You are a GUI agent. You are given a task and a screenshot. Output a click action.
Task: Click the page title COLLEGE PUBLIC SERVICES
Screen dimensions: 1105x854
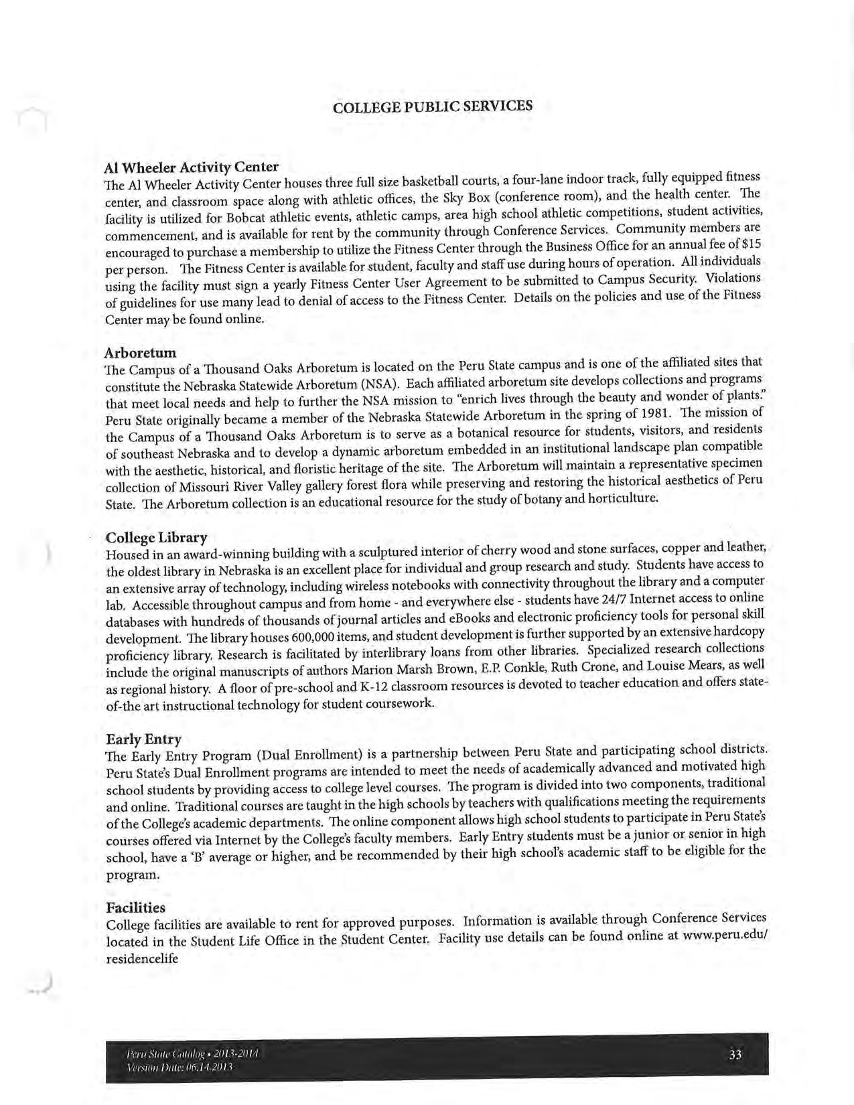tap(433, 106)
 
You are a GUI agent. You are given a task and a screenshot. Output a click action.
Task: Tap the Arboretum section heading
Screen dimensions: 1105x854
tap(141, 352)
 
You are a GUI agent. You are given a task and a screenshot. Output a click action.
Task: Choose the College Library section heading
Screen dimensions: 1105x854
tap(157, 538)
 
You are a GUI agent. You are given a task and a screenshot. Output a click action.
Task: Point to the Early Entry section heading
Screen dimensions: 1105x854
tap(143, 739)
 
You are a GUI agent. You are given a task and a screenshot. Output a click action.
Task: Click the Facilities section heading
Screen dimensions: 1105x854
tap(135, 908)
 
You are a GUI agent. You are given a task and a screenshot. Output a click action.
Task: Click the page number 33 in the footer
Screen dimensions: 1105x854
tap(735, 1055)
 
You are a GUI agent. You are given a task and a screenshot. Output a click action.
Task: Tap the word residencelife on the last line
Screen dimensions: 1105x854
tap(143, 958)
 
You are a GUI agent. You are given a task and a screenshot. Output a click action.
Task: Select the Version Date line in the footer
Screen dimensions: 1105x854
tap(179, 1067)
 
